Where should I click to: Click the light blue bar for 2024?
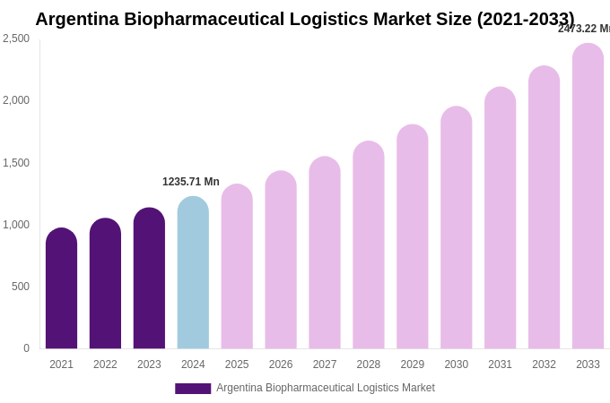pyautogui.click(x=193, y=273)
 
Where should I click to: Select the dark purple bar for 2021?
pyautogui.click(x=61, y=288)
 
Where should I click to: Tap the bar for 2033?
pyautogui.click(x=588, y=197)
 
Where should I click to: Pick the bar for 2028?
pyautogui.click(x=369, y=245)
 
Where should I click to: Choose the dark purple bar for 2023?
pyautogui.click(x=149, y=279)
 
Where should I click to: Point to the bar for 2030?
pyautogui.click(x=456, y=228)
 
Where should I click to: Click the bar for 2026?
pyautogui.click(x=281, y=261)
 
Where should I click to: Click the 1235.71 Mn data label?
pyautogui.click(x=191, y=182)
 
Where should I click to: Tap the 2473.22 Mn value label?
pyautogui.click(x=584, y=29)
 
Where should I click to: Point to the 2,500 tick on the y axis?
pyautogui.click(x=16, y=39)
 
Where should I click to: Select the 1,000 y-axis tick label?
pyautogui.click(x=16, y=225)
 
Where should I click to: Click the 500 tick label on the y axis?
pyautogui.click(x=20, y=287)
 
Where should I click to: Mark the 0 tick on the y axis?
pyautogui.click(x=26, y=348)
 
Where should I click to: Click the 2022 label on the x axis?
pyautogui.click(x=105, y=364)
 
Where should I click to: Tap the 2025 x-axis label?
pyautogui.click(x=237, y=364)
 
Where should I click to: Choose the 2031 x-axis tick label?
pyautogui.click(x=500, y=364)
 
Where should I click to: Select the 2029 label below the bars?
pyautogui.click(x=413, y=364)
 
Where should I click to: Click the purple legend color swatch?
pyautogui.click(x=193, y=389)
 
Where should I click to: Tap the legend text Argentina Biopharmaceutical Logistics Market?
pyautogui.click(x=326, y=388)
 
